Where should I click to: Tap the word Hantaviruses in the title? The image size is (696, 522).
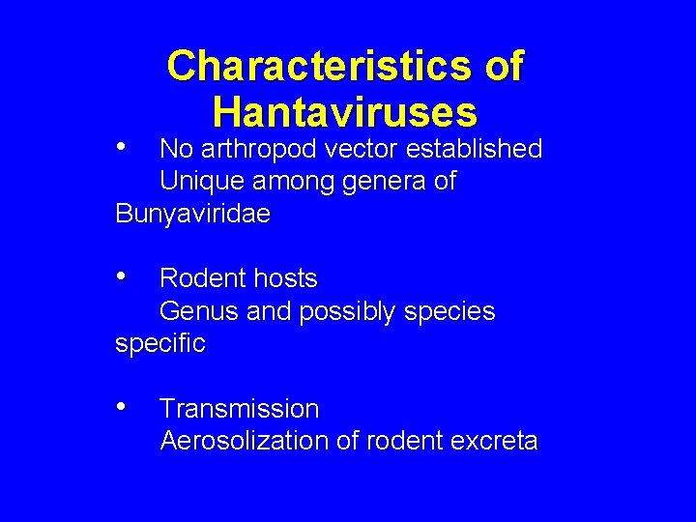[x=345, y=112]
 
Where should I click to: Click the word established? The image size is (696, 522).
[x=476, y=149]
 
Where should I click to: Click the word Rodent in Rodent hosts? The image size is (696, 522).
[x=198, y=278]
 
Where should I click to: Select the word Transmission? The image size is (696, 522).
[x=239, y=409]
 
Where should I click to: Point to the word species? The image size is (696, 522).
[x=446, y=312]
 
